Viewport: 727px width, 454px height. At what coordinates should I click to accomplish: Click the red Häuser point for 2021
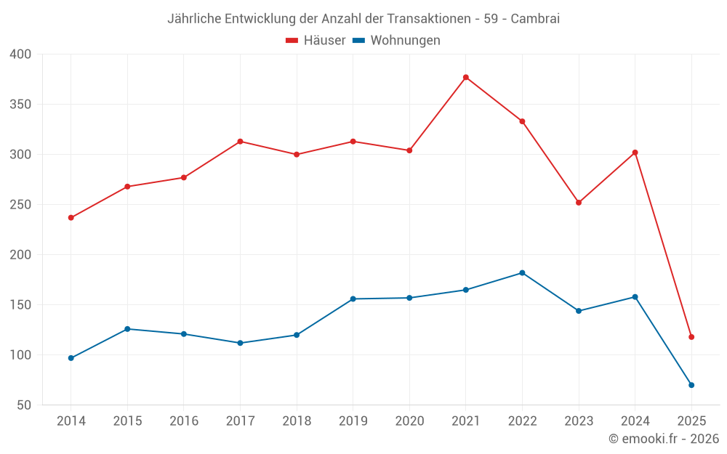(x=466, y=78)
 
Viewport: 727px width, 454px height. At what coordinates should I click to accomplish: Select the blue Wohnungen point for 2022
(x=522, y=273)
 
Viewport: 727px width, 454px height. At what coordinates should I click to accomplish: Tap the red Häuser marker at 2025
(x=691, y=337)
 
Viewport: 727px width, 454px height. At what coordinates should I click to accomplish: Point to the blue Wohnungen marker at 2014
(x=71, y=358)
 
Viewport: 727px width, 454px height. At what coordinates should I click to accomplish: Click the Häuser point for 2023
(x=579, y=203)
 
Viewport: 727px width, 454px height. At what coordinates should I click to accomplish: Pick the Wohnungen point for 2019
(x=353, y=299)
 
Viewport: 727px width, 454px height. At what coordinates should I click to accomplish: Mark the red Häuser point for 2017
(x=240, y=142)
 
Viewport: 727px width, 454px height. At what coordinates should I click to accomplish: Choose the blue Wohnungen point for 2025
(x=691, y=385)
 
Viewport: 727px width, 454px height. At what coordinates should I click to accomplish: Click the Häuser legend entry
(x=316, y=41)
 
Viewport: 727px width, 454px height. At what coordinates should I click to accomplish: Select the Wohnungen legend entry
(x=397, y=41)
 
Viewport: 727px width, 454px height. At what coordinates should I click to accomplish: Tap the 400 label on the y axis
(x=21, y=54)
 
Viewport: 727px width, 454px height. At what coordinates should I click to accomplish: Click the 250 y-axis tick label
(x=21, y=205)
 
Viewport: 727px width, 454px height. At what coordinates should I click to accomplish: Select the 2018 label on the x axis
(x=297, y=421)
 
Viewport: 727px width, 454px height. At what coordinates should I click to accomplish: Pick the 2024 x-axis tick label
(x=635, y=421)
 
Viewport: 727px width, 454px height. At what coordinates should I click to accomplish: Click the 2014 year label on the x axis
(x=71, y=421)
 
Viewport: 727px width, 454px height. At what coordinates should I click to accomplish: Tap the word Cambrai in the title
(x=535, y=19)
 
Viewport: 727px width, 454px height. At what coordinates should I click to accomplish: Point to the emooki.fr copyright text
(x=664, y=439)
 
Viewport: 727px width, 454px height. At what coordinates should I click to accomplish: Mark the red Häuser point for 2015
(x=127, y=187)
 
